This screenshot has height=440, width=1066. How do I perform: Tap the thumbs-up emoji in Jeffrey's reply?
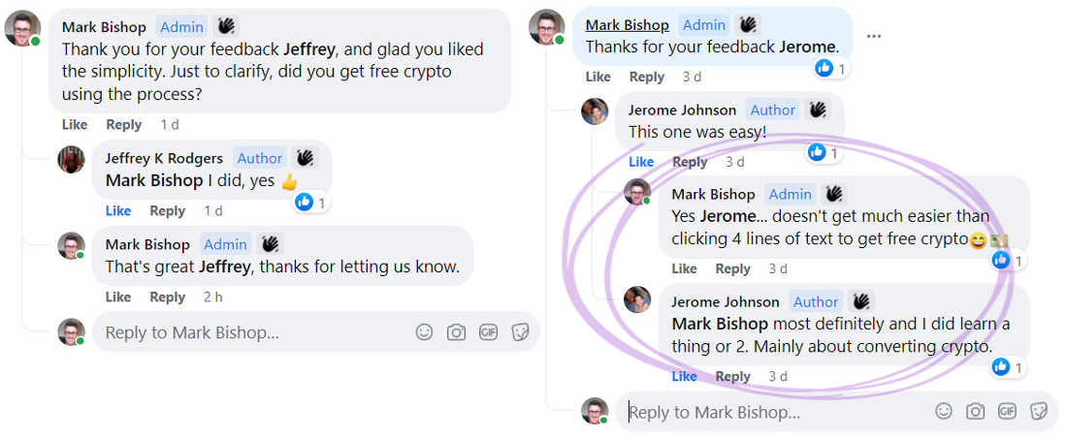288,181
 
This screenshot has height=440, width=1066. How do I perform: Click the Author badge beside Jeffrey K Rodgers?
259,158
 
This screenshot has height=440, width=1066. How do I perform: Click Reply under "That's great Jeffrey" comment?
168,296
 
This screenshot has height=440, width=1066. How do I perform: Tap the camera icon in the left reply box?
455,332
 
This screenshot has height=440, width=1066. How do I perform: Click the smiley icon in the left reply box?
424,332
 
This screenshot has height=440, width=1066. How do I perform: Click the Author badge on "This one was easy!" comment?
772,110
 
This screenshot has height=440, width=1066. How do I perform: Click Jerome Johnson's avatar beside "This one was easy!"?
595,110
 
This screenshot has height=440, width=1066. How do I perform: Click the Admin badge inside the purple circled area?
790,194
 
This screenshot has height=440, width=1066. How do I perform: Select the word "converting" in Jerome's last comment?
898,345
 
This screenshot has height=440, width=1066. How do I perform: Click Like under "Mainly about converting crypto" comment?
683,375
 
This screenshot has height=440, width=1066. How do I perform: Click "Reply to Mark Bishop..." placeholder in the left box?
193,333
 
